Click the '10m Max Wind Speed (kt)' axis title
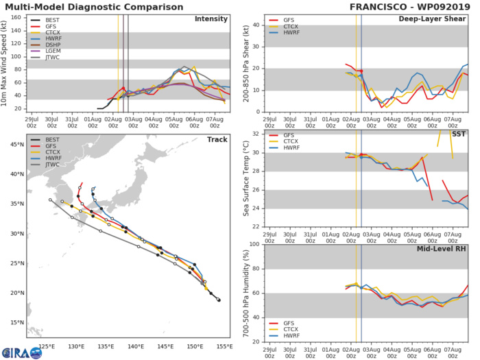tap(7, 62)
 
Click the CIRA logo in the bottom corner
tap(15, 348)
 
